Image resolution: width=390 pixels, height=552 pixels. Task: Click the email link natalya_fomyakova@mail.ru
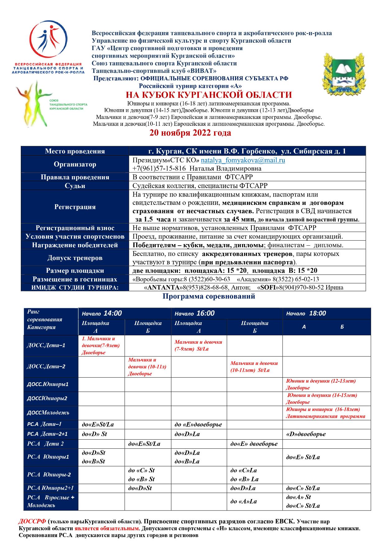[243, 160]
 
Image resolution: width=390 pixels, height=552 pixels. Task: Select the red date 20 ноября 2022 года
[190, 133]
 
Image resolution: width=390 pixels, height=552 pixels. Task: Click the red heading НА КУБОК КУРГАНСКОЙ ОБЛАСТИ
[209, 95]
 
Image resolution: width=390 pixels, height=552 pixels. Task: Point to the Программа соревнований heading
[209, 296]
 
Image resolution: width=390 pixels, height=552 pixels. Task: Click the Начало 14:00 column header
[102, 313]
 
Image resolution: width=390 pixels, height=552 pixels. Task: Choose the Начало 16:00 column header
[194, 313]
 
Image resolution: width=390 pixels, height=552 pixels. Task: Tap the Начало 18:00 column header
[306, 313]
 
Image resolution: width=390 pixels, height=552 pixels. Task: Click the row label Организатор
[75, 164]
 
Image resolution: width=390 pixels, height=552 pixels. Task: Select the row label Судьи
[75, 186]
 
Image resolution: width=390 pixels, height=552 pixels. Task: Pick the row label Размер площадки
[75, 271]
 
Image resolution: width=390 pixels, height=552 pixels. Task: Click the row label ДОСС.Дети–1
[46, 345]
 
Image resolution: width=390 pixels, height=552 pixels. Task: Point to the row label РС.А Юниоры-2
[49, 475]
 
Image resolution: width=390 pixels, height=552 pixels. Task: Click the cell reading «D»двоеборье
[306, 434]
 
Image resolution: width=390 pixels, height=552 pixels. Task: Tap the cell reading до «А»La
[244, 501]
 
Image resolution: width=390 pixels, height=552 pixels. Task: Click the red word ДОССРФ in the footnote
[32, 521]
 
